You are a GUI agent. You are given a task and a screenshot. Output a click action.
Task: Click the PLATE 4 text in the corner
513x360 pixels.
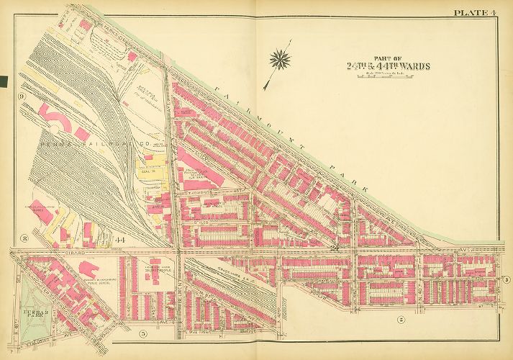pyautogui.click(x=474, y=12)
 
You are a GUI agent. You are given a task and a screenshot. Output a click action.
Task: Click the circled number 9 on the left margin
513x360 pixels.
pyautogui.click(x=22, y=96)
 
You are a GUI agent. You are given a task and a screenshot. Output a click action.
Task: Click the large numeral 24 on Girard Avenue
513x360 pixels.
pyautogui.click(x=335, y=248)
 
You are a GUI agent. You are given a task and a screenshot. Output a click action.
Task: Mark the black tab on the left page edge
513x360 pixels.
pyautogui.click(x=4, y=81)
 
